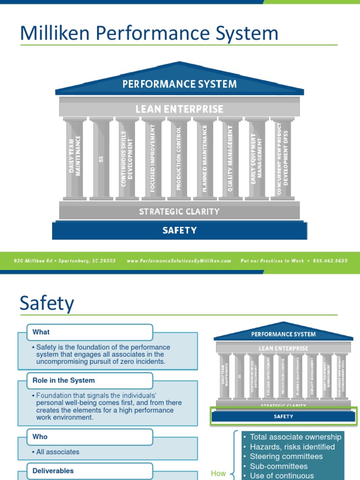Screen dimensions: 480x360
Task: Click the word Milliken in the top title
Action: pyautogui.click(x=52, y=33)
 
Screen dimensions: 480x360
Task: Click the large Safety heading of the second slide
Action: pyautogui.click(x=46, y=303)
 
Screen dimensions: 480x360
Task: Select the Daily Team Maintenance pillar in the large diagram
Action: pyautogui.click(x=75, y=157)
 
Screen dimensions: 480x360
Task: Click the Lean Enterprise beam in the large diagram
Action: pyautogui.click(x=180, y=109)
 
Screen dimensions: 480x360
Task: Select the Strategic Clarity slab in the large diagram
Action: pyautogui.click(x=180, y=211)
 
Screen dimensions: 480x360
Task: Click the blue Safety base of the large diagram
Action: pyautogui.click(x=180, y=230)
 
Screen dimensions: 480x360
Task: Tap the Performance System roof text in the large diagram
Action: pyautogui.click(x=180, y=84)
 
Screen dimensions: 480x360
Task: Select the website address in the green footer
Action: pyautogui.click(x=179, y=261)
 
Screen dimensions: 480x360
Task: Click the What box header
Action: pyautogui.click(x=41, y=332)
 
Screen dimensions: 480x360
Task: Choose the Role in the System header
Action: pyautogui.click(x=64, y=380)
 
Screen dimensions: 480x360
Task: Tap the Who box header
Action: pyautogui.click(x=40, y=436)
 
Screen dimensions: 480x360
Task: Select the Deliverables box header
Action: pyautogui.click(x=53, y=471)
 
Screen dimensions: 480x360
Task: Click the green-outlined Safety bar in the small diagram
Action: pyautogui.click(x=283, y=416)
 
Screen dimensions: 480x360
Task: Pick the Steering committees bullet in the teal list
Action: pyautogui.click(x=286, y=456)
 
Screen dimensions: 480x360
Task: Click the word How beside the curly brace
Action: pyautogui.click(x=218, y=473)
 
